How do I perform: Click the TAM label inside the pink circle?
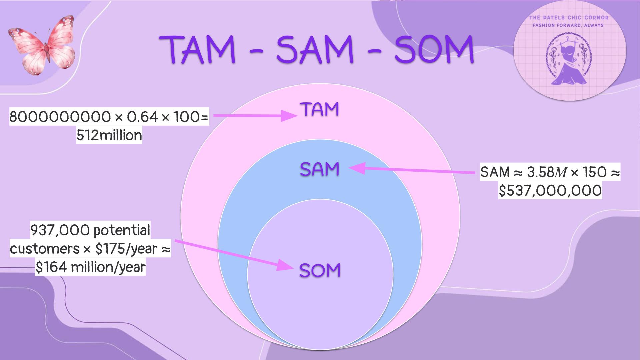(320, 109)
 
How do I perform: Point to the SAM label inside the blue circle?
(320, 169)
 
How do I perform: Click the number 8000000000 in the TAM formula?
(60, 117)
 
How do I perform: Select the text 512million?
(109, 135)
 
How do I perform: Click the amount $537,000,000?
(550, 190)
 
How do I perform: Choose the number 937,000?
(60, 230)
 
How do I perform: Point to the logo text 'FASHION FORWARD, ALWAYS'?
(568, 25)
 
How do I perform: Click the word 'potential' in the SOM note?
(122, 230)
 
